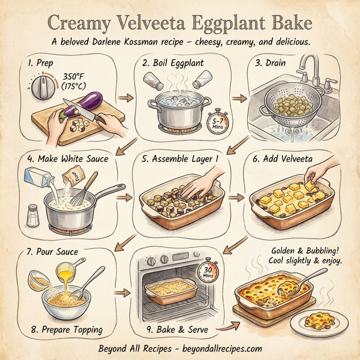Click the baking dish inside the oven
point(172,292)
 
